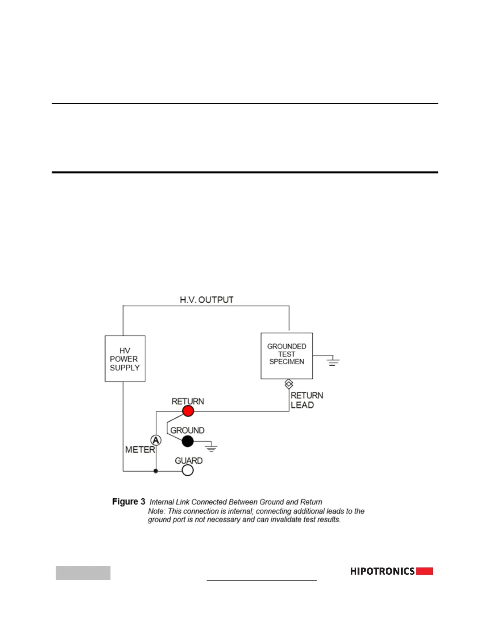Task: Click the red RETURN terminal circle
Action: (188, 411)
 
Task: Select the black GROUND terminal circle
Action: (187, 442)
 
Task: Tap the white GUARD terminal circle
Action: (187, 470)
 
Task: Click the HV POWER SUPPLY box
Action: (125, 359)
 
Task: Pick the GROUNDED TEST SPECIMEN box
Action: (287, 356)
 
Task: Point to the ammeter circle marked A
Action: (156, 440)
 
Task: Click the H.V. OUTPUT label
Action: (207, 300)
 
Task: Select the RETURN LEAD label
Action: (307, 400)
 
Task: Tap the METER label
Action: (140, 450)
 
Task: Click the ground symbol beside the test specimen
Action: (333, 362)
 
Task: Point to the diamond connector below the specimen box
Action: (289, 384)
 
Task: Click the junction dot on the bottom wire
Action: (156, 471)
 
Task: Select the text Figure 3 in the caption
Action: (129, 502)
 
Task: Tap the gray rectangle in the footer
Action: (83, 573)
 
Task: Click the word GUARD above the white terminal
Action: (189, 461)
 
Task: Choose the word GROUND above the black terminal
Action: (187, 430)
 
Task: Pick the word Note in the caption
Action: (156, 511)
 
